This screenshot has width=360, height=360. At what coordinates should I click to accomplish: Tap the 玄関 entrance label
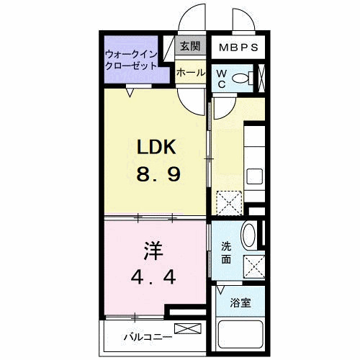click(189, 48)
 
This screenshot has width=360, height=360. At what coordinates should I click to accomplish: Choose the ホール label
click(190, 73)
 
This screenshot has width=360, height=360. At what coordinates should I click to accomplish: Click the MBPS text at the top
click(238, 48)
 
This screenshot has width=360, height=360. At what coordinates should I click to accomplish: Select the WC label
click(221, 78)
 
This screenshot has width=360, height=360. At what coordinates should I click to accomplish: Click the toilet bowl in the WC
click(243, 78)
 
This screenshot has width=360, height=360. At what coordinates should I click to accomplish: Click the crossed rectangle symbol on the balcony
click(184, 329)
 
